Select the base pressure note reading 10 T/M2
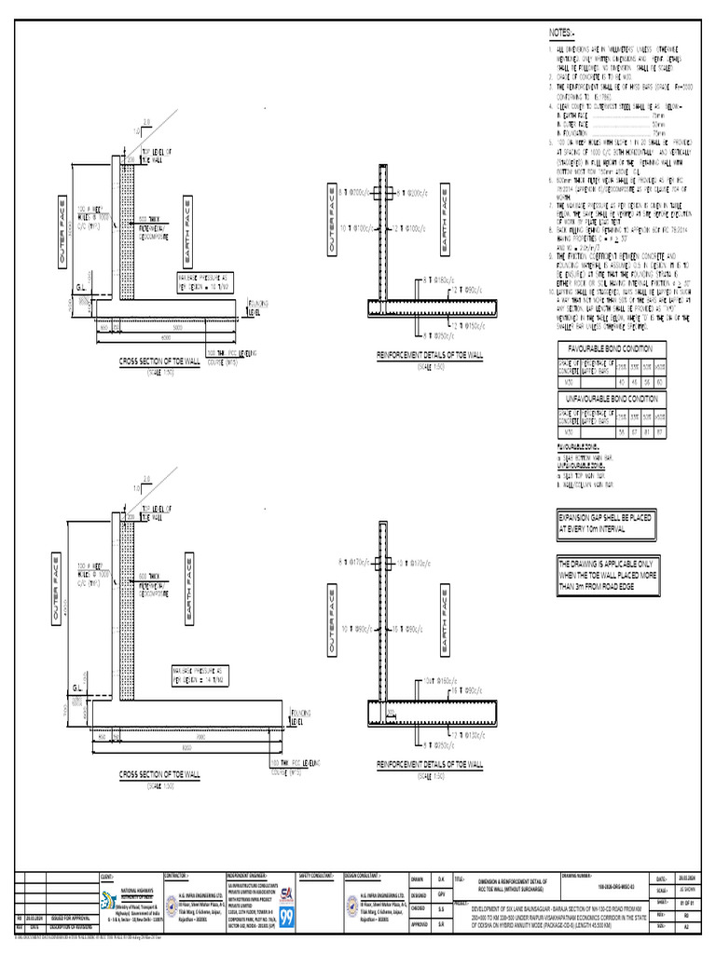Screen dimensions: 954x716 [204, 283]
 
